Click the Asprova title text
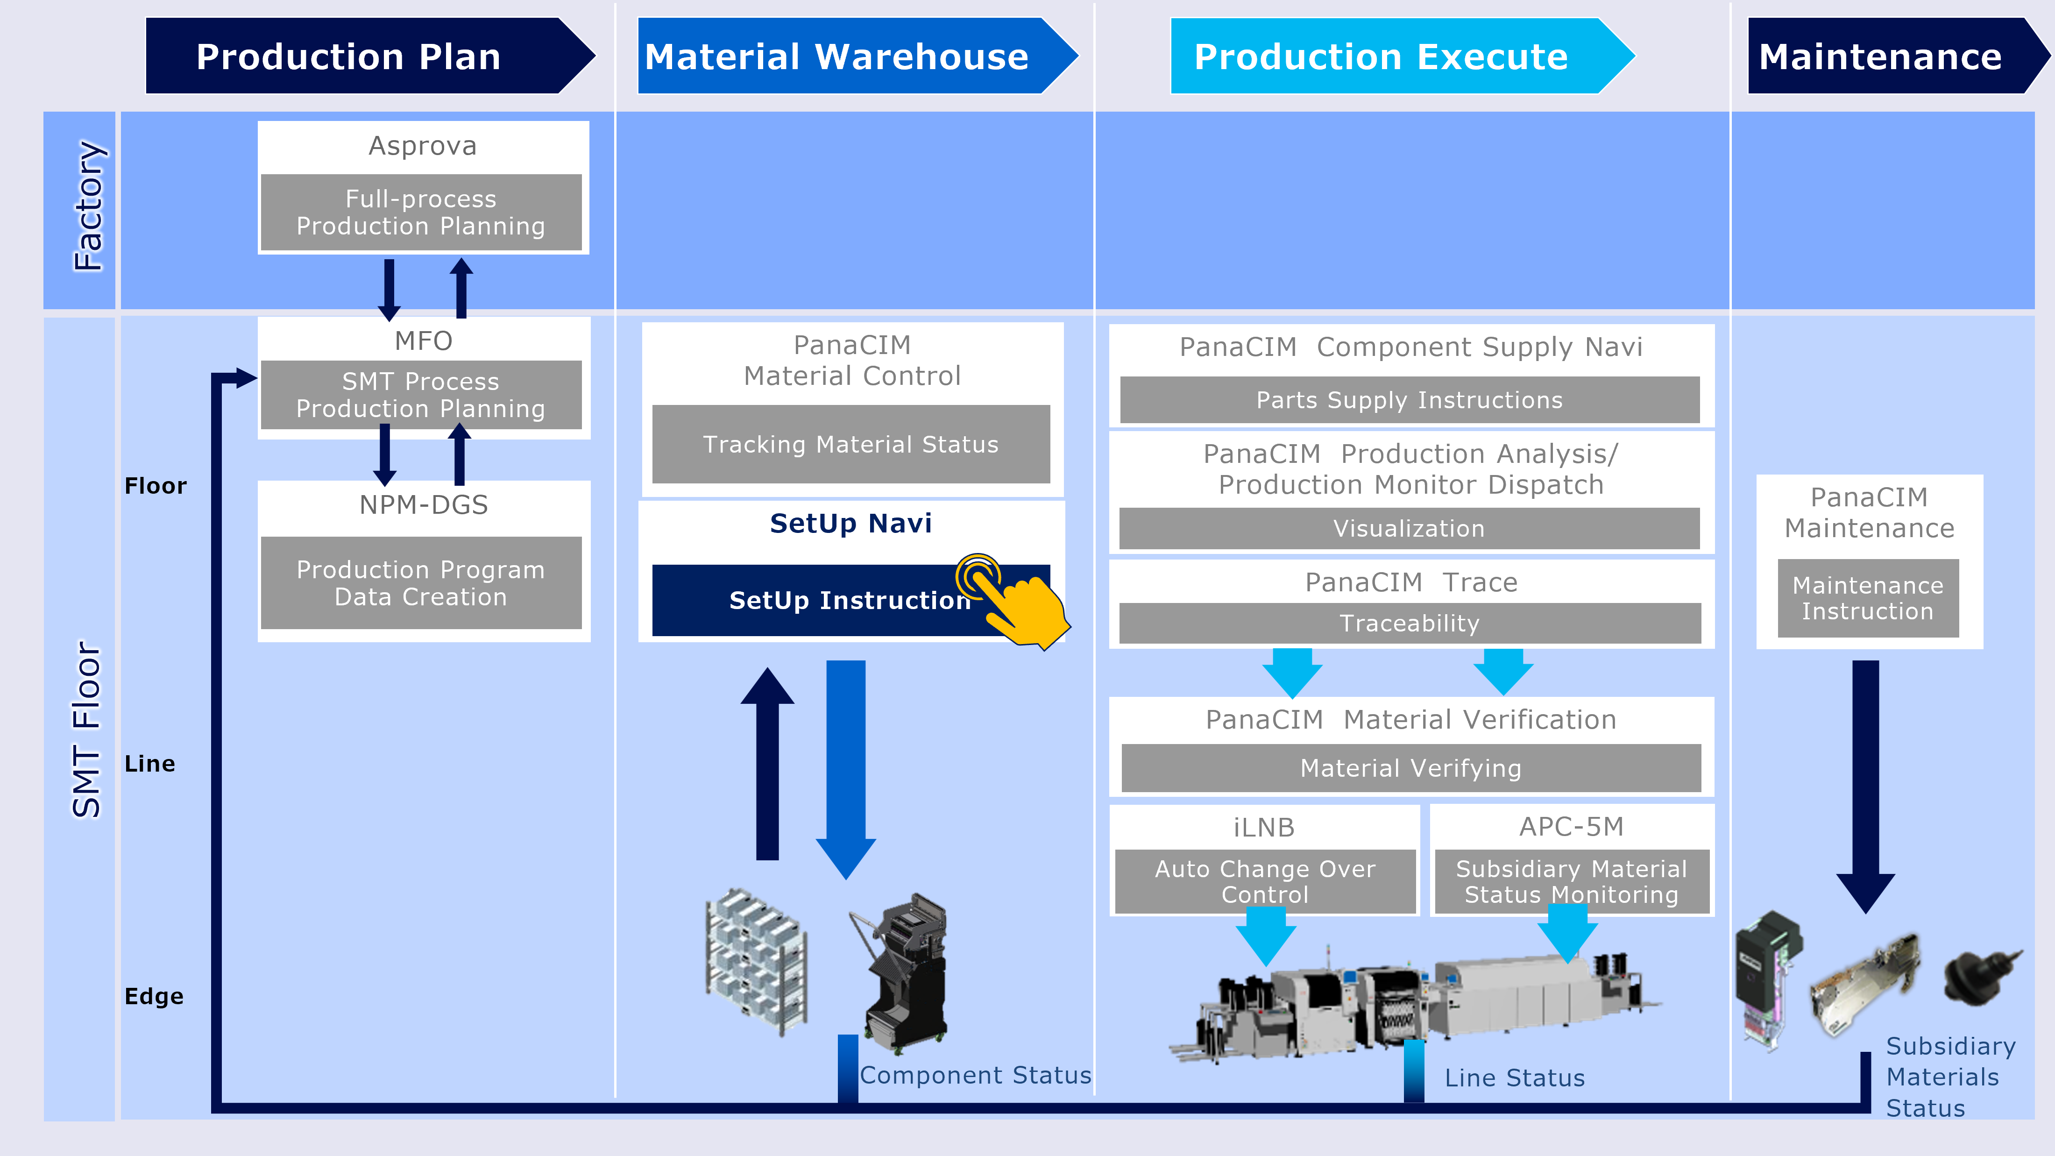click(423, 146)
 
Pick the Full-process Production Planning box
click(421, 212)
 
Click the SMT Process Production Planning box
click(421, 395)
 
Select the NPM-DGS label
click(424, 505)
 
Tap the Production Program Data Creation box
click(421, 583)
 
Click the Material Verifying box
click(1410, 768)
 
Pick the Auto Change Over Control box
click(1265, 881)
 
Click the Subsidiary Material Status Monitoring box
click(1572, 881)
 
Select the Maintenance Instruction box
click(1868, 598)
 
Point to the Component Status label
click(975, 1075)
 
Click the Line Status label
click(1514, 1078)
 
